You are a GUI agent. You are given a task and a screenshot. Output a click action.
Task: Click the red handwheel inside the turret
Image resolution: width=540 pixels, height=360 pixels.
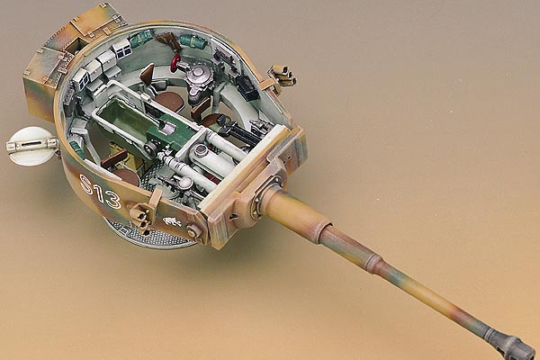pos(175,63)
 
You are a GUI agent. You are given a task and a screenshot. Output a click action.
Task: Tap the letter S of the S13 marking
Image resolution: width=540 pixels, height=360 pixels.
pos(86,184)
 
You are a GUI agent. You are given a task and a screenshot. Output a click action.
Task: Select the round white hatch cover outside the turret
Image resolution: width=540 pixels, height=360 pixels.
pos(31,146)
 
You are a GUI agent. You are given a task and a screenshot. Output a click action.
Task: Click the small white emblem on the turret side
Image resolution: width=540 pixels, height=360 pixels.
pos(172,221)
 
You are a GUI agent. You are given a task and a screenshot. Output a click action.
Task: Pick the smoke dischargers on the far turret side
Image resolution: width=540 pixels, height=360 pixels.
pos(283,76)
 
